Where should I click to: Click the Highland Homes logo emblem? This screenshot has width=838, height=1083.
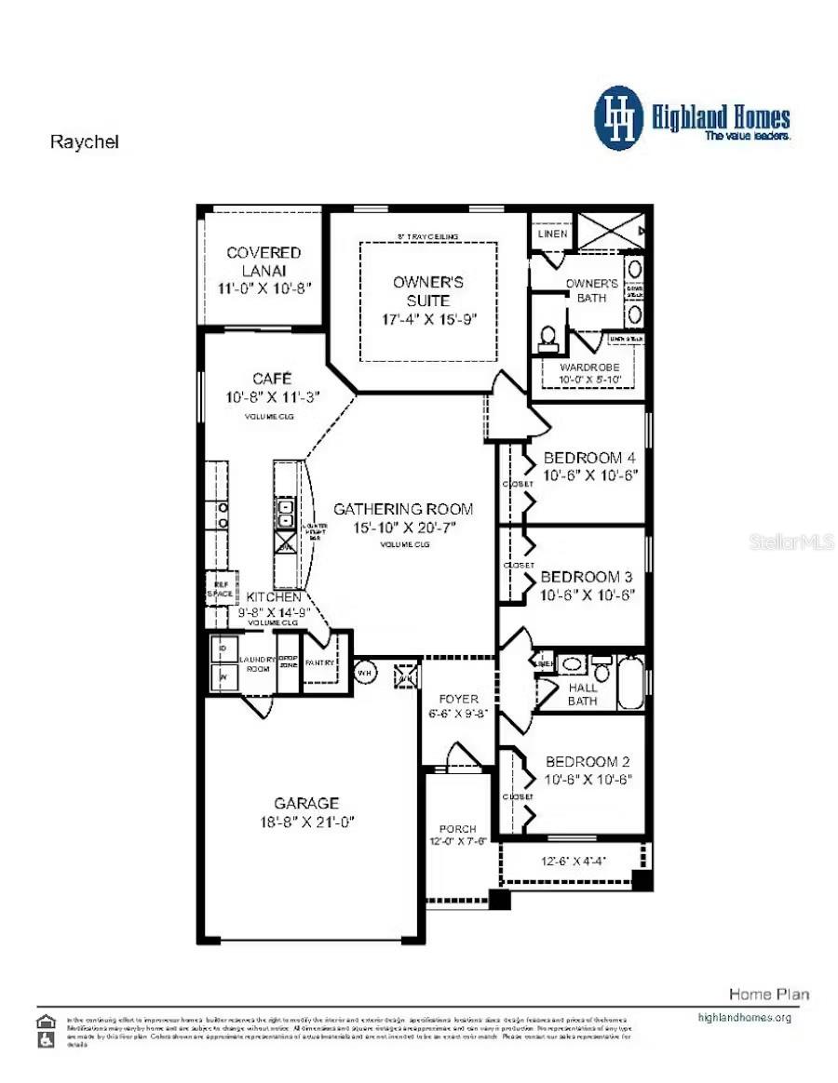pos(619,118)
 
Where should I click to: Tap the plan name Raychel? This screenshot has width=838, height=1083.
pos(84,142)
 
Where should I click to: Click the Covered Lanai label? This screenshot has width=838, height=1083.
pos(264,261)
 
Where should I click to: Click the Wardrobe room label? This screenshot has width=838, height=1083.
pos(589,368)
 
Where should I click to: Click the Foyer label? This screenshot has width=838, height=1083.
pos(459,699)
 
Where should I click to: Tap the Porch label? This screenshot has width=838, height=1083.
pos(458,828)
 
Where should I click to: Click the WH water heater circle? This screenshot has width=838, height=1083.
pos(364,672)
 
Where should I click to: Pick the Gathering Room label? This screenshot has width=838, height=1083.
pos(403,509)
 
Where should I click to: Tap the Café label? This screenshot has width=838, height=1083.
pos(272,379)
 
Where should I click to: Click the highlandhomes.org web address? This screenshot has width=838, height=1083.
pos(744,1017)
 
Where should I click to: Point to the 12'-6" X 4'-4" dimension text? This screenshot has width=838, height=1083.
pos(574,861)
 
